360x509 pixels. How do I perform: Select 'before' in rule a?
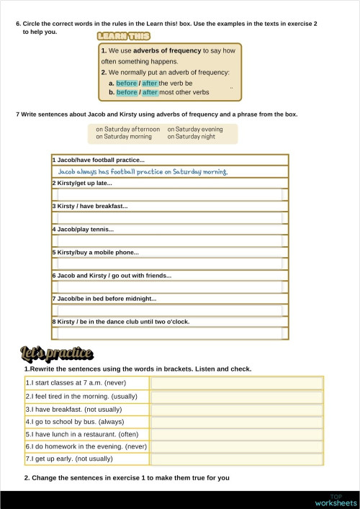[x=126, y=84]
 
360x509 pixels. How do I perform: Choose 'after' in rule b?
[x=150, y=92]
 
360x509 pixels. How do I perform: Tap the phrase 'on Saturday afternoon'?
[x=127, y=129]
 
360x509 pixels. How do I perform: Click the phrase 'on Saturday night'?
[x=191, y=136]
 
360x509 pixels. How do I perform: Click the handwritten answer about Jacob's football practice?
[x=143, y=172]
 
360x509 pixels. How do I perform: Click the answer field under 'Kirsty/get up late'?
[x=169, y=194]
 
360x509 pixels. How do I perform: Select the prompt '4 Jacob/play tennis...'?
[x=83, y=230]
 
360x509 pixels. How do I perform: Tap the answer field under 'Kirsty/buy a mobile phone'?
[x=169, y=264]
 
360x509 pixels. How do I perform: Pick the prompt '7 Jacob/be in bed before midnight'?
[x=104, y=299]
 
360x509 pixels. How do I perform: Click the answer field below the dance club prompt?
[x=169, y=333]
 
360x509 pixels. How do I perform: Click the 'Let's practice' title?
[x=57, y=353]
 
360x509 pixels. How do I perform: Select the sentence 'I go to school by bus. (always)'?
[x=75, y=422]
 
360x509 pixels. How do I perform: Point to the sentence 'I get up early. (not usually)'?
[x=69, y=459]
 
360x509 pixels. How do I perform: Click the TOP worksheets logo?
[x=336, y=500]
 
